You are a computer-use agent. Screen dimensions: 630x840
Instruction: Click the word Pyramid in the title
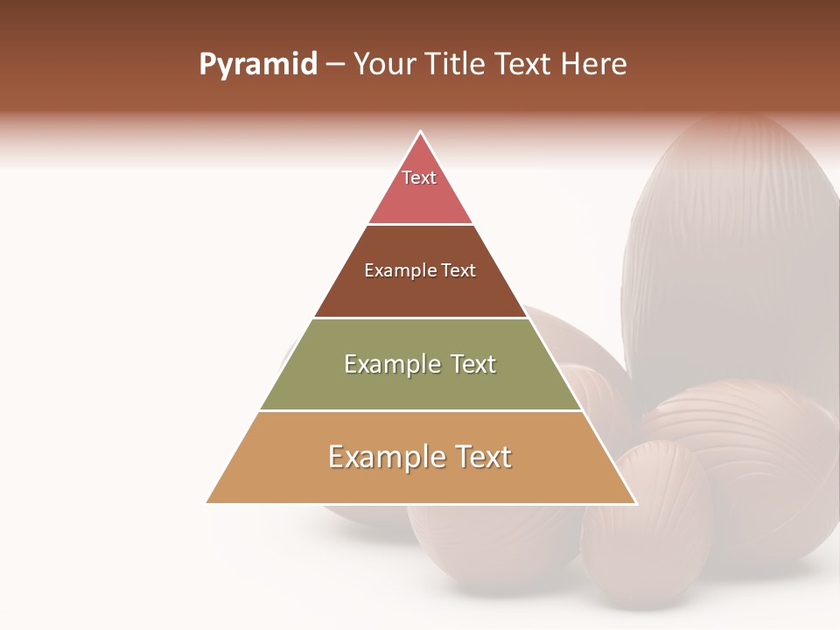257,65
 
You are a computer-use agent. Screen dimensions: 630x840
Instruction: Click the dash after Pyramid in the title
335,66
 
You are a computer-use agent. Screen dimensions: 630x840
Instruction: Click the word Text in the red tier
419,178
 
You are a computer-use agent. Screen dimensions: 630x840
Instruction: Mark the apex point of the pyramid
421,132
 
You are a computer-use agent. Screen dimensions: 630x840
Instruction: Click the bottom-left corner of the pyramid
207,503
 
